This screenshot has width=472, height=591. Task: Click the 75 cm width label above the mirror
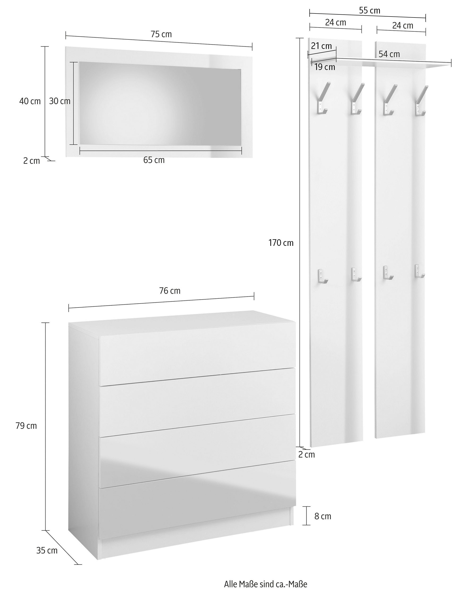tap(161, 34)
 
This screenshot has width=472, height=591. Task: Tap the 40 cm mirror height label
tap(30, 101)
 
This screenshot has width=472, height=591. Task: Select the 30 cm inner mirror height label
tap(60, 101)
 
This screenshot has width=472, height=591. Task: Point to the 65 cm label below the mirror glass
tap(154, 160)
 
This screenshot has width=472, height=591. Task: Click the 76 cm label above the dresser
tap(170, 291)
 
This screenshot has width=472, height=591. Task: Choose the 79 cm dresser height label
tap(26, 426)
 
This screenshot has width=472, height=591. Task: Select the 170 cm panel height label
tap(281, 243)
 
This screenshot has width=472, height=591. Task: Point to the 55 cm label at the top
tap(369, 10)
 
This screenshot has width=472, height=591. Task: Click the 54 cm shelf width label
tap(389, 54)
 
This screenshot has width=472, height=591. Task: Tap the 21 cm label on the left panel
tap(321, 46)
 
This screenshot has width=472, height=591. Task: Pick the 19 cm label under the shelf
tap(325, 67)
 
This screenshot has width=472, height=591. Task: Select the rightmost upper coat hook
tap(421, 101)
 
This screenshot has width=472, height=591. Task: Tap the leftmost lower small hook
tap(323, 277)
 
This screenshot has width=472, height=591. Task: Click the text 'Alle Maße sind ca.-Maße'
tap(266, 584)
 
